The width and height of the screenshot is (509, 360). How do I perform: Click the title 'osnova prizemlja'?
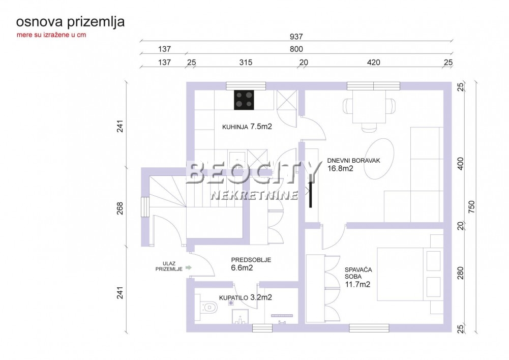point(70,22)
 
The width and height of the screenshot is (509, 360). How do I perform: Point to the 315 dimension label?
point(246,63)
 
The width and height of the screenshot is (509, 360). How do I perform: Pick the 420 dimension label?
point(373,63)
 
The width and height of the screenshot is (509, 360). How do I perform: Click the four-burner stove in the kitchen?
point(244,100)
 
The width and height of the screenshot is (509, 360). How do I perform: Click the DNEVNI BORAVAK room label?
point(353,164)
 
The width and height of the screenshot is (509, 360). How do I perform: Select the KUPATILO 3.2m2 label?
point(245,297)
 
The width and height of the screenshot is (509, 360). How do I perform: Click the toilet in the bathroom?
point(206,307)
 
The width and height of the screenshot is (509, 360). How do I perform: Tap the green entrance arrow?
point(189,267)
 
